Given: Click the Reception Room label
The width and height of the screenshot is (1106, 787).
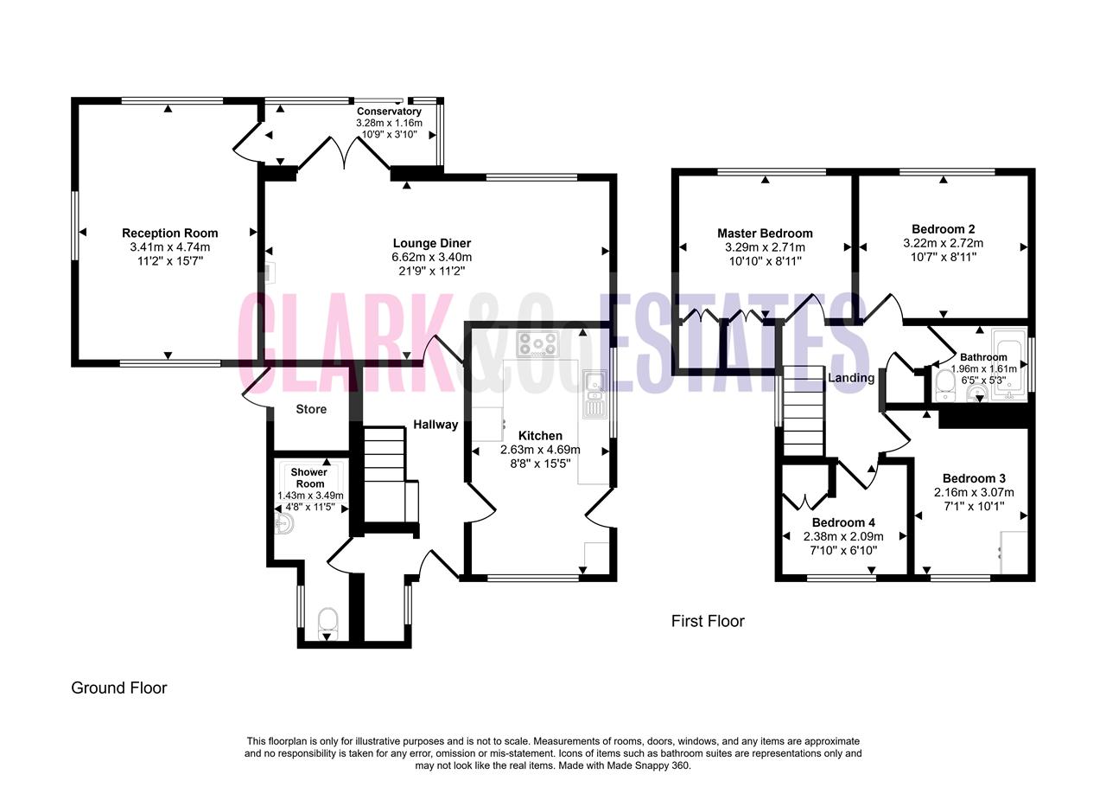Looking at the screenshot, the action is [170, 233].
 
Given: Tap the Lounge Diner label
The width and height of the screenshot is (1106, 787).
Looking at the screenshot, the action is [431, 243].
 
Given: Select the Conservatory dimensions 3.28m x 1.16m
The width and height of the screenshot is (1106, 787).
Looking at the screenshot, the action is [389, 123].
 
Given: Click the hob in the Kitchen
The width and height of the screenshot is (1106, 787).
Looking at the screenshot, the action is [537, 343].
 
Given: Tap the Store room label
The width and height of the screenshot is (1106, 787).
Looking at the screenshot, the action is [311, 409].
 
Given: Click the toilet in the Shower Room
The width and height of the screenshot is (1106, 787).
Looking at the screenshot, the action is [327, 624].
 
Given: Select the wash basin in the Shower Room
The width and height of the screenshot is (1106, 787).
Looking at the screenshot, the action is [284, 523].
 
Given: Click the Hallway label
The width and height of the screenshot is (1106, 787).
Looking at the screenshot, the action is [435, 425].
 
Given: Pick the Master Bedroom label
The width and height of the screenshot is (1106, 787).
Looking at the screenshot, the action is [765, 234].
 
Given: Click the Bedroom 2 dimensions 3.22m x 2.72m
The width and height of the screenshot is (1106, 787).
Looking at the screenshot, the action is [943, 243].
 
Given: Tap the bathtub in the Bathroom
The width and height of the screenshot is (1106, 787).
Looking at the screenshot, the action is [1009, 364].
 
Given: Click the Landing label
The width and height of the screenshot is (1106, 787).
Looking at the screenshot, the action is [851, 378].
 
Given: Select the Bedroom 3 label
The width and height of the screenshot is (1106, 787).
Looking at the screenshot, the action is [974, 478].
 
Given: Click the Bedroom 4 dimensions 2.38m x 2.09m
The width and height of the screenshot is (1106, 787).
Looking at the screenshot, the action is [843, 536].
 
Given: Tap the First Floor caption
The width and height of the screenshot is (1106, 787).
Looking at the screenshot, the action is [708, 622].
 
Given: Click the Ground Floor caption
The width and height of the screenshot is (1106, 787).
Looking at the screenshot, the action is [119, 688].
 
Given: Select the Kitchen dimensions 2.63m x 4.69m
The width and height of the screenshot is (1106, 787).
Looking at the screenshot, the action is [540, 450].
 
